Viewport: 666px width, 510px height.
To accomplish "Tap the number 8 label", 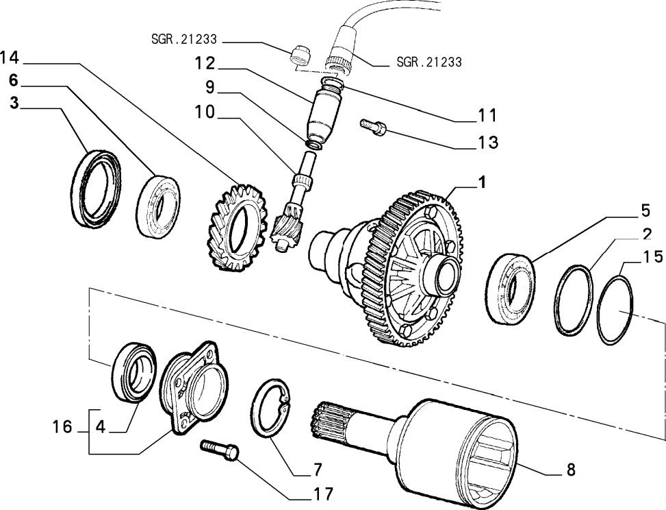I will (x=570, y=470).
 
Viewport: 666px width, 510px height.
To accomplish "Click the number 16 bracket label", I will (x=62, y=427).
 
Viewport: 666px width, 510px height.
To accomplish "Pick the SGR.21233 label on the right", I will (x=428, y=62).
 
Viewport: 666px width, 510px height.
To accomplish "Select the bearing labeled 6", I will (x=157, y=206).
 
